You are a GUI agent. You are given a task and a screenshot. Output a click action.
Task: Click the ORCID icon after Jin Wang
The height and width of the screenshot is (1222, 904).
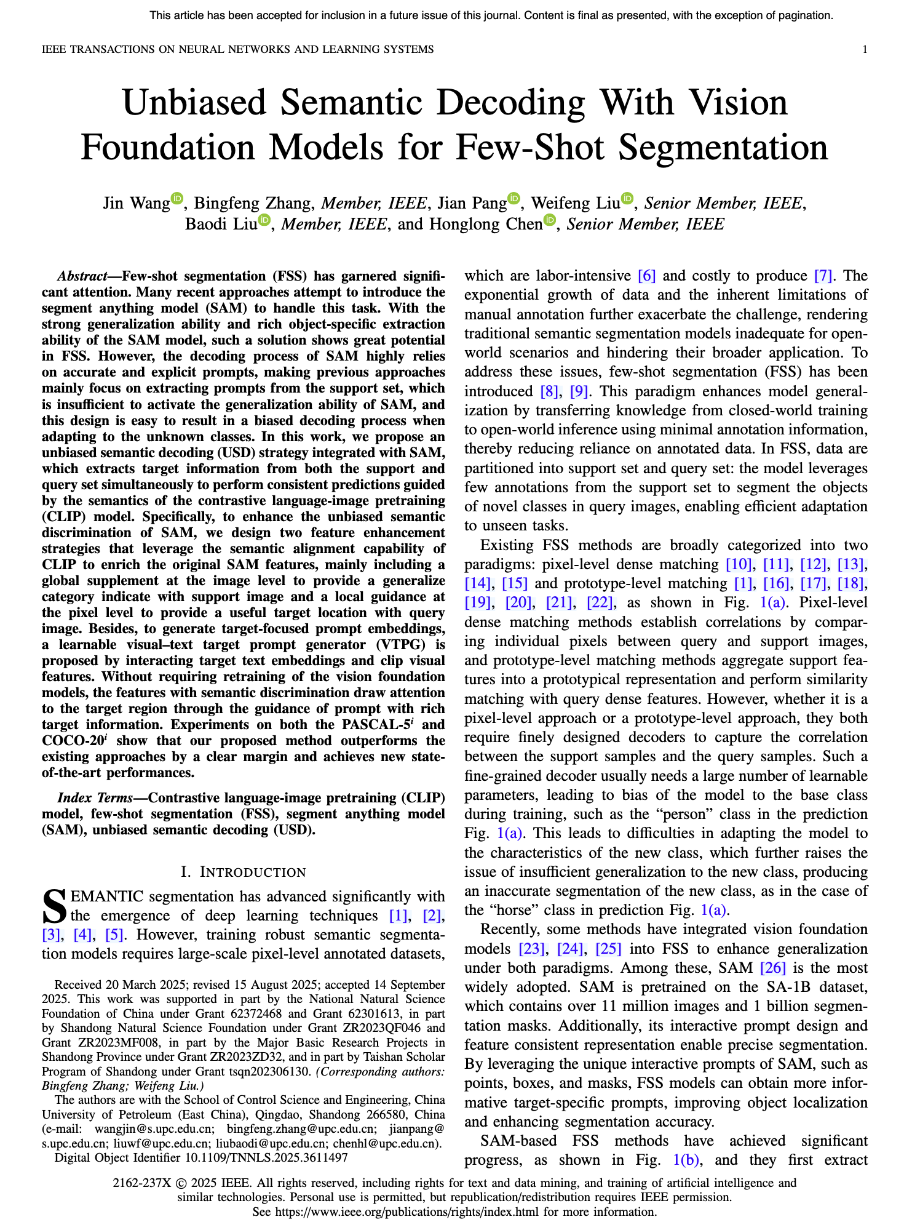pyautogui.click(x=177, y=198)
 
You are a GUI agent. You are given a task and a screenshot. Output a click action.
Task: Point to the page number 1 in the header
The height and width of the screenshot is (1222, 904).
pyautogui.click(x=865, y=49)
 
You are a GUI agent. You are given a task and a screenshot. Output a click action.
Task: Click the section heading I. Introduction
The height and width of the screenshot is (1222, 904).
pyautogui.click(x=243, y=872)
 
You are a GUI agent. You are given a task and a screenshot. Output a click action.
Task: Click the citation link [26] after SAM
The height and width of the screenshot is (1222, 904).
pyautogui.click(x=773, y=968)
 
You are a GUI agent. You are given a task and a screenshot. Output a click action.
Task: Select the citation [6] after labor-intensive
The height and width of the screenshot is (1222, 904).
pyautogui.click(x=647, y=276)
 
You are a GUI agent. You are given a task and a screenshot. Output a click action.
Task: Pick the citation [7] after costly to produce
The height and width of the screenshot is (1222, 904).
pyautogui.click(x=823, y=276)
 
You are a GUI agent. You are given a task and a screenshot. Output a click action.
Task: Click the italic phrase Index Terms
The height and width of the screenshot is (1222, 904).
pyautogui.click(x=95, y=798)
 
